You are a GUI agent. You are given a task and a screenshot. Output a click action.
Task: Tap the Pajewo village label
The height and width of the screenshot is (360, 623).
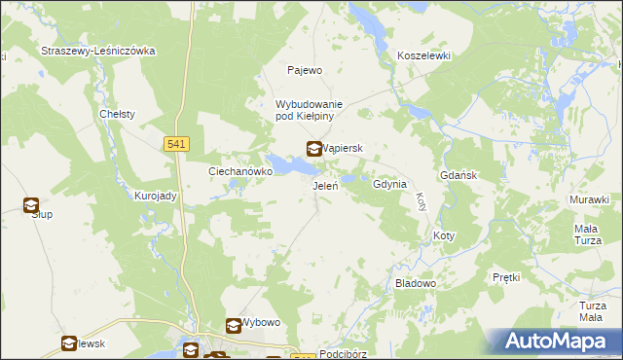click(304, 70)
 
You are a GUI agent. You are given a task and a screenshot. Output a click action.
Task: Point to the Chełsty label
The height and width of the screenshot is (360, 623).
click(117, 114)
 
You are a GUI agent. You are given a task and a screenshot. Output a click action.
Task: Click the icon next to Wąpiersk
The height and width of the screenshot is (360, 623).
click(314, 149)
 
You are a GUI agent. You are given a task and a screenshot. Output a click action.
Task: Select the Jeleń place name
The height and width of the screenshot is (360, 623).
click(324, 186)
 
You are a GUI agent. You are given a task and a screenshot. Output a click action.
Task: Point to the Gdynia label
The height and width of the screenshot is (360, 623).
click(388, 184)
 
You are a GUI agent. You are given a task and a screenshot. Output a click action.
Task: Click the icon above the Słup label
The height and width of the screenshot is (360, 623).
click(31, 205)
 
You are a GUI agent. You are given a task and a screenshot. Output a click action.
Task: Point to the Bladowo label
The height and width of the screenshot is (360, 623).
click(415, 284)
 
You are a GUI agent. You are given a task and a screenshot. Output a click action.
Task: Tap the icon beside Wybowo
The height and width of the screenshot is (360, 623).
click(234, 325)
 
